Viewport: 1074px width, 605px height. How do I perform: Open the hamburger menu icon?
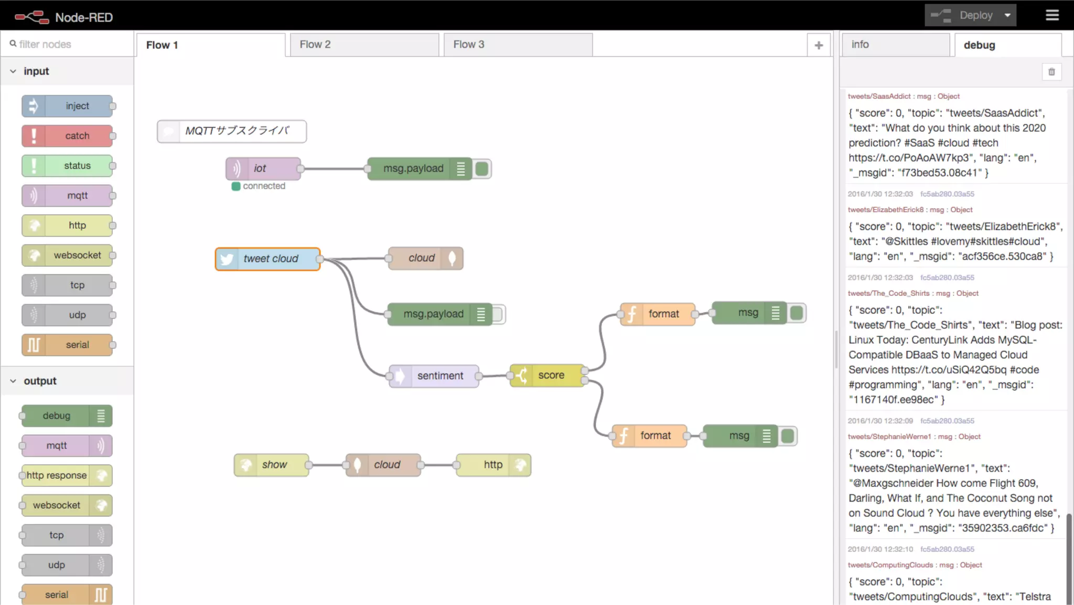click(1052, 15)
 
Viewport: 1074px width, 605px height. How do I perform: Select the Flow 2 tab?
click(364, 45)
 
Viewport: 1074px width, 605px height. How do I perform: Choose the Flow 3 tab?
click(518, 45)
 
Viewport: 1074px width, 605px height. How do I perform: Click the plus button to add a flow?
click(819, 46)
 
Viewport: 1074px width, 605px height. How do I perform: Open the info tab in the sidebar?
click(895, 45)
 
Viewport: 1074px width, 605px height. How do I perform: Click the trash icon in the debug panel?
click(1051, 72)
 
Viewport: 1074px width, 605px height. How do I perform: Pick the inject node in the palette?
click(68, 106)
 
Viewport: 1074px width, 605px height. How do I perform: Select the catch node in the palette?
click(68, 136)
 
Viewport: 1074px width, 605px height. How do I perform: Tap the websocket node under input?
click(68, 256)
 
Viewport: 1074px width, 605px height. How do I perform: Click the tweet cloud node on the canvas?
click(268, 259)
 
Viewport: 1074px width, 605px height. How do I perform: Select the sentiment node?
click(434, 376)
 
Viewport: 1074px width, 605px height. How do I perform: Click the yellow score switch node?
click(547, 375)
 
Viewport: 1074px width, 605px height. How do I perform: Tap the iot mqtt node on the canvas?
click(263, 168)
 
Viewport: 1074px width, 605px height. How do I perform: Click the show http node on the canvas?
click(272, 465)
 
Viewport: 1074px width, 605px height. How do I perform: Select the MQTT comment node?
click(232, 131)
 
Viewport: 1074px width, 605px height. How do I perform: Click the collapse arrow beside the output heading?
click(13, 381)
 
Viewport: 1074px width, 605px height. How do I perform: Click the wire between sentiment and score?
click(494, 376)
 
